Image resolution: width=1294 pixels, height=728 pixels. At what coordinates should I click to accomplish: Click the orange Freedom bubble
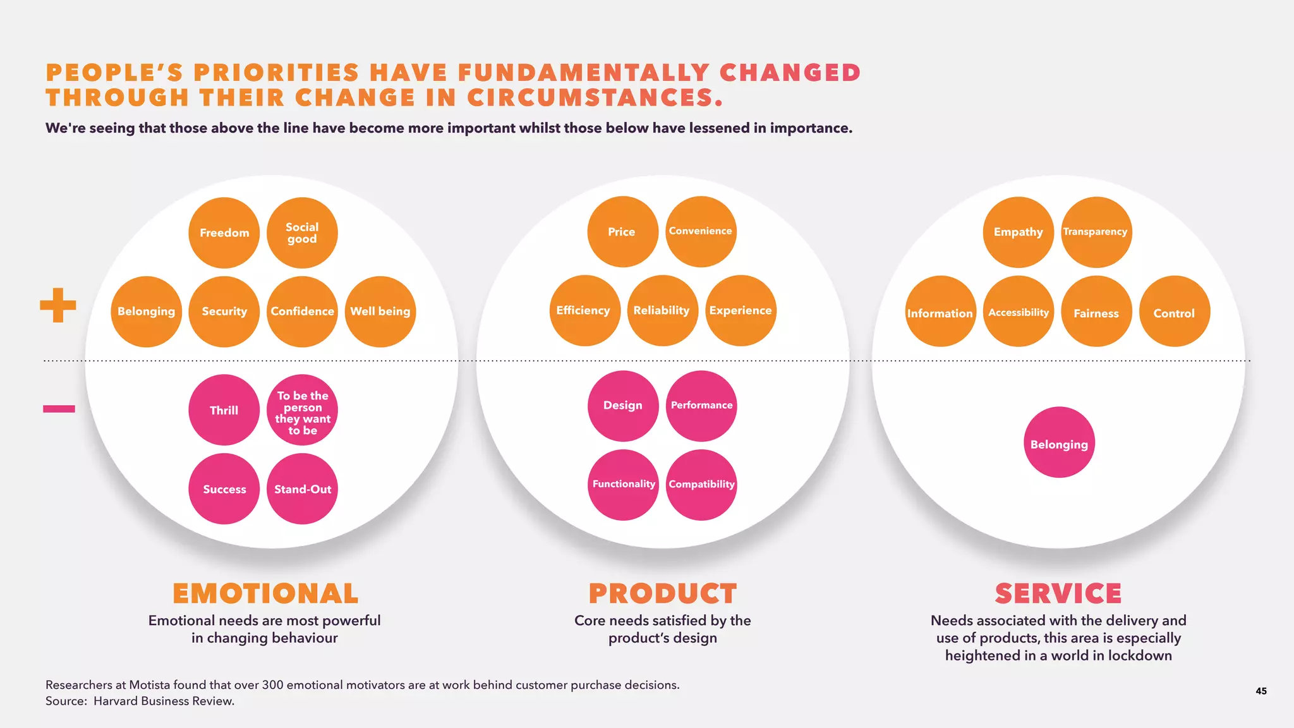tap(224, 233)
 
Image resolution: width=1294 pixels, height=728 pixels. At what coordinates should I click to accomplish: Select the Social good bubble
tap(302, 233)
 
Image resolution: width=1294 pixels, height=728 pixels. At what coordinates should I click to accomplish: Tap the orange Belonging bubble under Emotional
tap(146, 312)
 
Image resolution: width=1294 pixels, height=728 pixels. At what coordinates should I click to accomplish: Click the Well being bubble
tap(380, 312)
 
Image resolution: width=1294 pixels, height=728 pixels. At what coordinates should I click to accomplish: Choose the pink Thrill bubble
tap(224, 410)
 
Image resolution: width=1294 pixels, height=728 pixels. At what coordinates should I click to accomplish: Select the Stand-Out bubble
tap(302, 488)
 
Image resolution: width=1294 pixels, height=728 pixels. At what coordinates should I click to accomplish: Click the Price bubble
tap(622, 232)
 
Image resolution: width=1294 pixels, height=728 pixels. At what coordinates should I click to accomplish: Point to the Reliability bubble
tap(662, 310)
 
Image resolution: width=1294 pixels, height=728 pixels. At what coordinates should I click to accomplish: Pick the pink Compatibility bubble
tap(701, 485)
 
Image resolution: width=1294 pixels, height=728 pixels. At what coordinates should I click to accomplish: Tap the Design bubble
tap(623, 406)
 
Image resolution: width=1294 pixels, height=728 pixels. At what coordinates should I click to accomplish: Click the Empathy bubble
tap(1019, 232)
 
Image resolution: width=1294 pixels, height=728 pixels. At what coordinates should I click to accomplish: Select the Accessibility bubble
tap(1019, 312)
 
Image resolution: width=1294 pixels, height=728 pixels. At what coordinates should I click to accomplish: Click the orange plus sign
tap(58, 305)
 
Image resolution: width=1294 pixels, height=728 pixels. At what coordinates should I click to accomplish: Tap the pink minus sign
tap(59, 409)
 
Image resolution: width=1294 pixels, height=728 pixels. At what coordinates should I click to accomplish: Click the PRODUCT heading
tap(663, 593)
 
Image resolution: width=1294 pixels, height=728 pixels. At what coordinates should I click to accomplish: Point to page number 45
tap(1261, 691)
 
